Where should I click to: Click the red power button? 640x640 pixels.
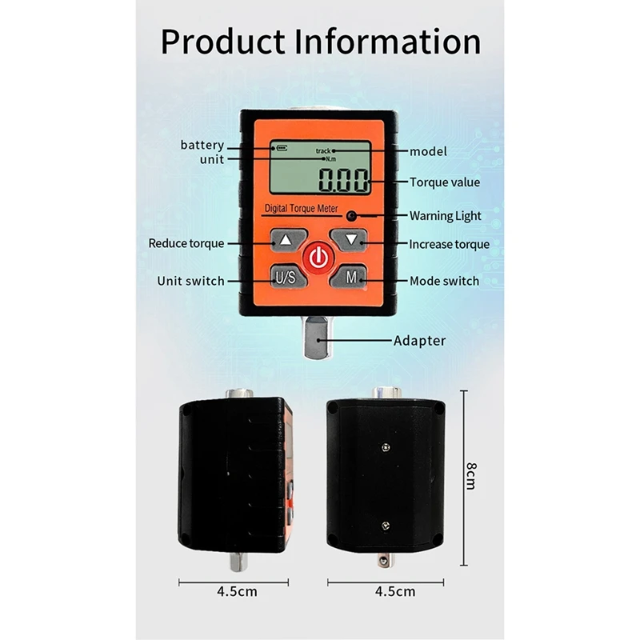click(x=318, y=258)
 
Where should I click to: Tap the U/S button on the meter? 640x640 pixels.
click(x=286, y=278)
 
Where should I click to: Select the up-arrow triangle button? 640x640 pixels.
click(x=286, y=239)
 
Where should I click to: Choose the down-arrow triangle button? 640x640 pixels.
click(x=350, y=238)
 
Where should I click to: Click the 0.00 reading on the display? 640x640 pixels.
click(x=344, y=181)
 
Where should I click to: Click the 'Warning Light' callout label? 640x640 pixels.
click(x=446, y=215)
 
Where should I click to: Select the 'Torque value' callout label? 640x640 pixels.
click(x=445, y=182)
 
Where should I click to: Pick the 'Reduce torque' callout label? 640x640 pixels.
click(x=186, y=243)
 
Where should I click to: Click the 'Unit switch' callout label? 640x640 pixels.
click(x=190, y=281)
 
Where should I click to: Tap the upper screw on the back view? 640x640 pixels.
click(x=386, y=448)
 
